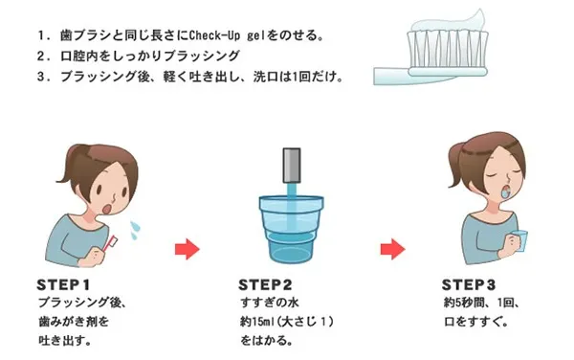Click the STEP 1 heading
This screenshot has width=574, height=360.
point(63,284)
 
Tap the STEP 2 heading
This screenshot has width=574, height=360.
point(265,284)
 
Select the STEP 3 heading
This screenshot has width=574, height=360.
point(469,284)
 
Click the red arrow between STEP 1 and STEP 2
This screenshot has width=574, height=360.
point(188,249)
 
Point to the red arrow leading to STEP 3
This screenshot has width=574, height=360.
point(393,249)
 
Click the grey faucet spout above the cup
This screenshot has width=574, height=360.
point(292,166)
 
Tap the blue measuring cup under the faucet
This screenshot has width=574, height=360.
point(292,230)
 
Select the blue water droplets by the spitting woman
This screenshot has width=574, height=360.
point(135,230)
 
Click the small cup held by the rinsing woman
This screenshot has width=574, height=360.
point(519,241)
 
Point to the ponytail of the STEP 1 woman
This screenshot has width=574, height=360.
point(70,165)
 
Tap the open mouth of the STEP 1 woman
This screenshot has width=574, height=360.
point(107,209)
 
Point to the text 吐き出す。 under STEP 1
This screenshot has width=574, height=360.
point(65,341)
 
